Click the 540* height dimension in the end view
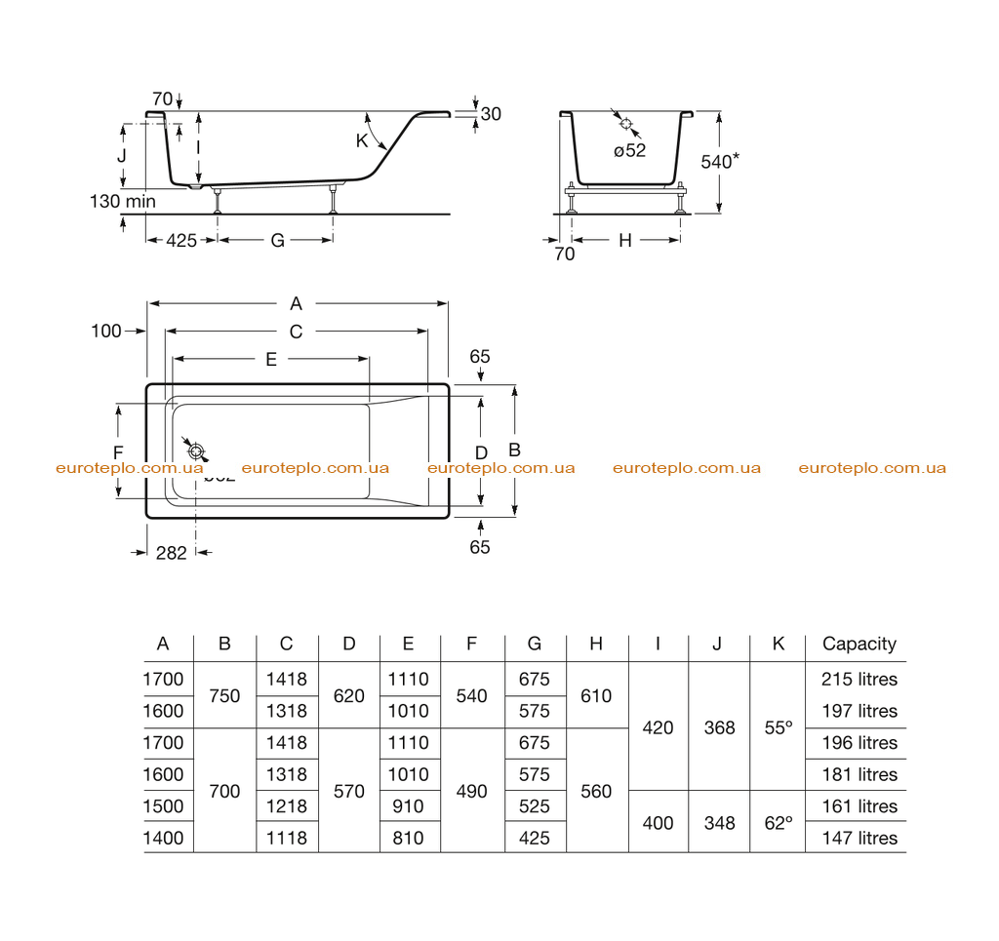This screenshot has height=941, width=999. click(x=720, y=161)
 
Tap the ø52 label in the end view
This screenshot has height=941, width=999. click(x=629, y=151)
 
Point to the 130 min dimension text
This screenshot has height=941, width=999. click(x=122, y=201)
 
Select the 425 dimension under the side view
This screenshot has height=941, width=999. click(x=181, y=241)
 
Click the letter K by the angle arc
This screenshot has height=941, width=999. click(x=362, y=140)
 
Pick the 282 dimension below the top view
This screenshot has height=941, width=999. click(x=172, y=553)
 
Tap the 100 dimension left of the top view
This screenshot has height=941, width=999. click(x=105, y=332)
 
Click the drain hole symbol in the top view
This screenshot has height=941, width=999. click(x=196, y=451)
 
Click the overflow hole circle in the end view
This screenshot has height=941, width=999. click(x=625, y=124)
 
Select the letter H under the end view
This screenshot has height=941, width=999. click(x=625, y=241)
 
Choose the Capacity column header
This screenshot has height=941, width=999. click(x=859, y=645)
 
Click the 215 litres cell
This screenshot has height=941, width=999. click(x=859, y=680)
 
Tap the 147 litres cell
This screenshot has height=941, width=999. click(x=859, y=839)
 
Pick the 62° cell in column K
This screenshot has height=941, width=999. click(x=779, y=823)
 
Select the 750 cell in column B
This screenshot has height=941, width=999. click(x=225, y=696)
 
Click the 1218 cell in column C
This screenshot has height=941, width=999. click(x=287, y=806)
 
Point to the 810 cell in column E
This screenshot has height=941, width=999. click(x=409, y=839)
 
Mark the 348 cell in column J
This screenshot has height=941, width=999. click(x=719, y=823)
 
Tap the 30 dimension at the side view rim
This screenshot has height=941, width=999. click(x=491, y=114)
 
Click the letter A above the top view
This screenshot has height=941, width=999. click(x=296, y=303)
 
